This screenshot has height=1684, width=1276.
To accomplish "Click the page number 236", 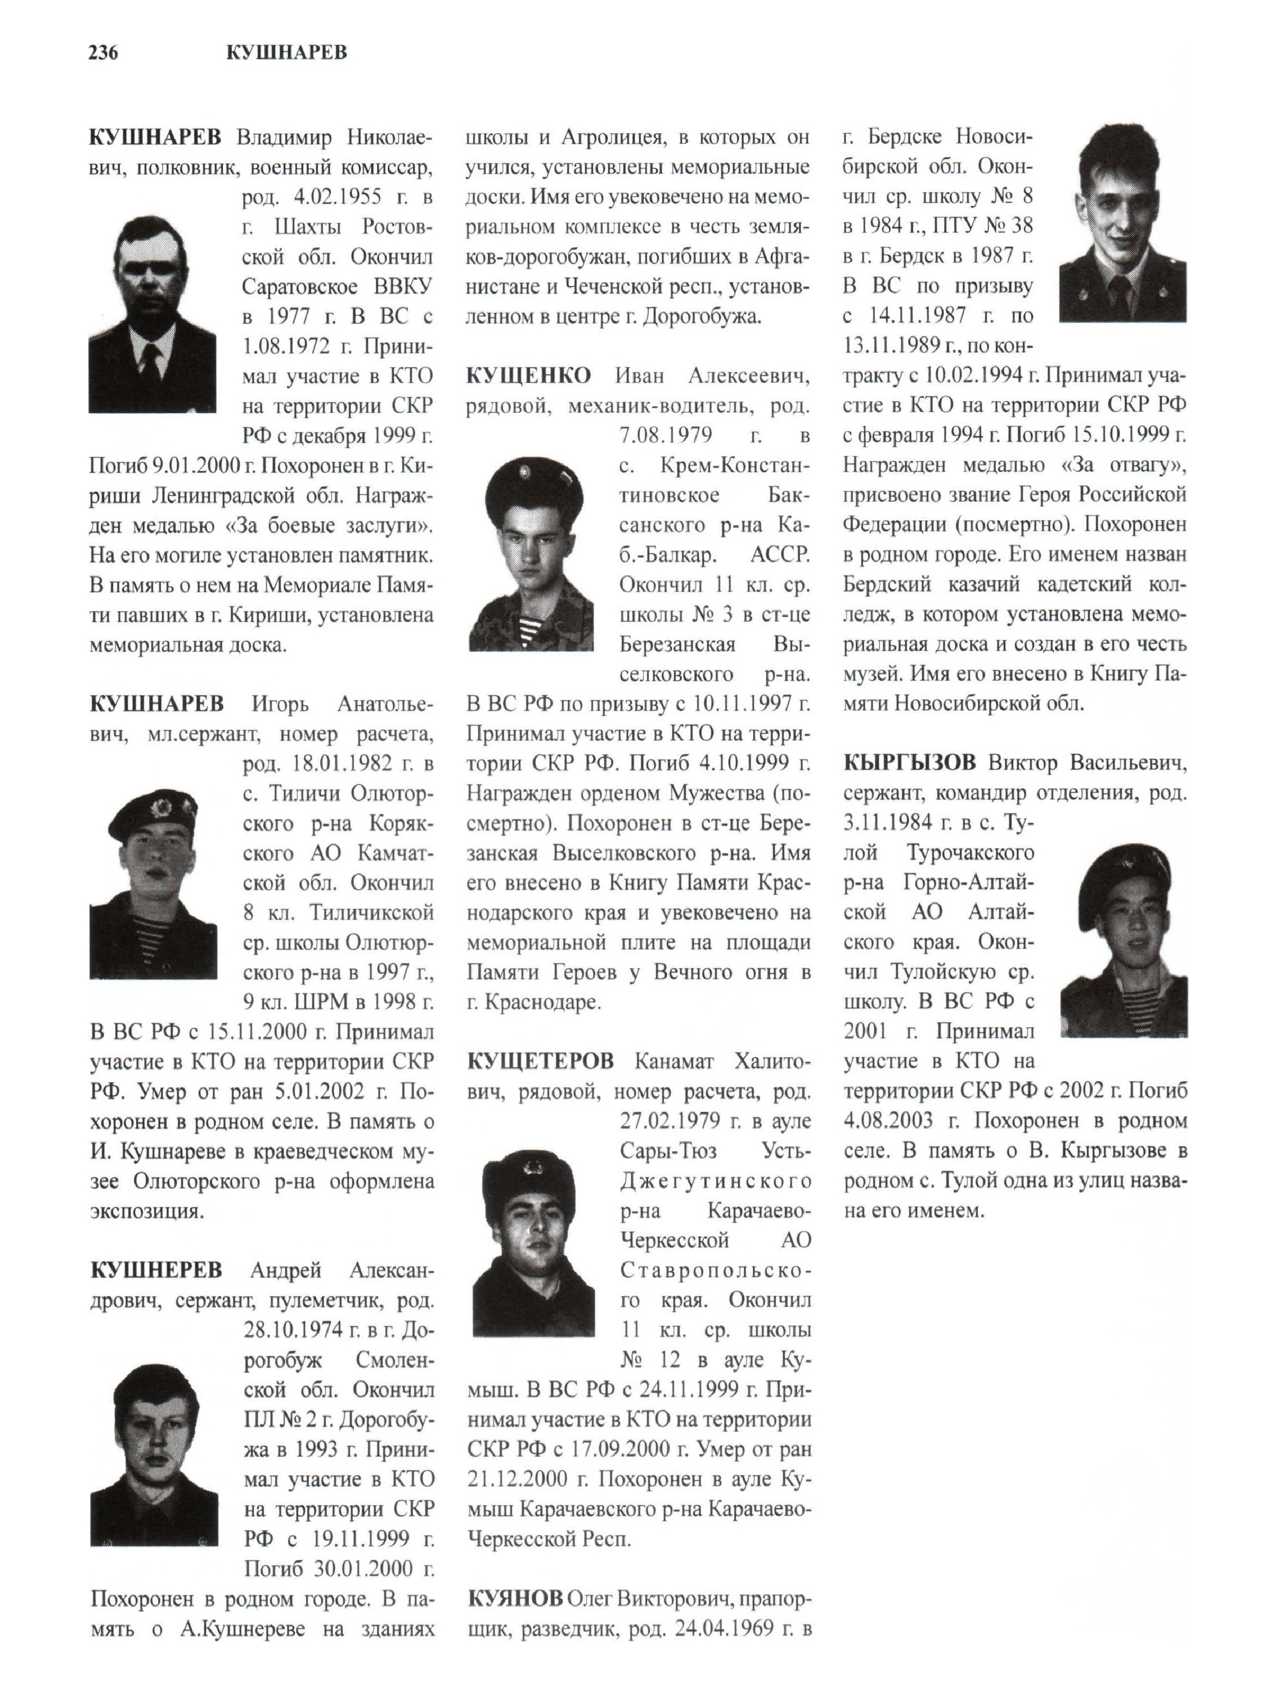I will [x=104, y=53].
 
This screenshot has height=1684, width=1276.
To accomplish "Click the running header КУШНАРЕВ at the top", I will [x=286, y=53].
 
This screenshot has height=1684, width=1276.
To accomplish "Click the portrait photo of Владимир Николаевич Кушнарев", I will [x=152, y=314].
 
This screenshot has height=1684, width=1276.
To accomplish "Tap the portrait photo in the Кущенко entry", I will [x=531, y=554].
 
